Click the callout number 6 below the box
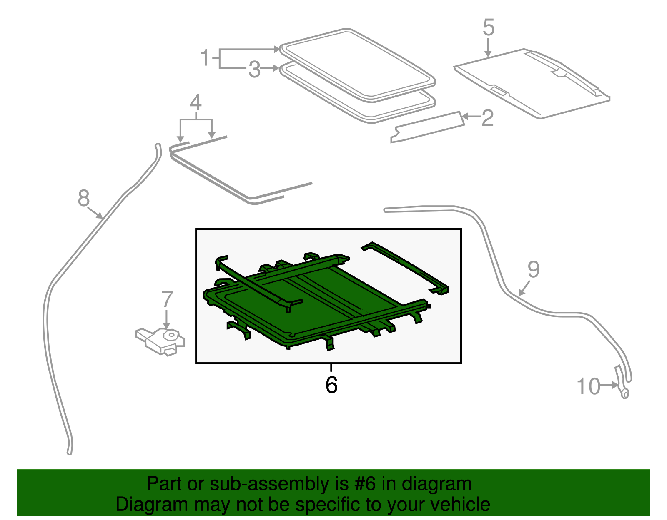pyautogui.click(x=331, y=385)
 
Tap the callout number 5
pyautogui.click(x=489, y=28)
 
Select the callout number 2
pyautogui.click(x=487, y=118)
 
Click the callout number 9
pyautogui.click(x=533, y=269)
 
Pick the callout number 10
pyautogui.click(x=588, y=386)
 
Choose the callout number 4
pyautogui.click(x=196, y=102)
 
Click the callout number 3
pyautogui.click(x=254, y=70)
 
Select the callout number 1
pyautogui.click(x=205, y=58)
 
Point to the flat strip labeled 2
pyautogui.click(x=427, y=127)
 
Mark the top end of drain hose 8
pyautogui.click(x=158, y=146)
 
